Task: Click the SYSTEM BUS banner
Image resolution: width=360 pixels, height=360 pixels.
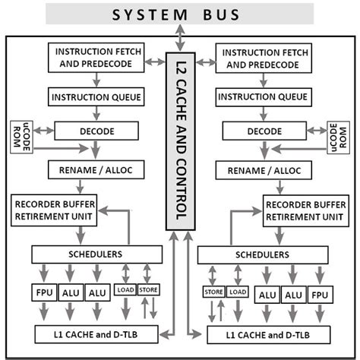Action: [x=180, y=14]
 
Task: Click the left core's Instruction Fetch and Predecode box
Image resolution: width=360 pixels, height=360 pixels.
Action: [x=93, y=57]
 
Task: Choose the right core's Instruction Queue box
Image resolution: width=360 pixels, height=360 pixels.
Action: [x=263, y=97]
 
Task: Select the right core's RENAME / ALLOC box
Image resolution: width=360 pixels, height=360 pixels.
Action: [x=263, y=169]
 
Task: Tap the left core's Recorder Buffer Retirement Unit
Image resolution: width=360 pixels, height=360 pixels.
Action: [x=54, y=207]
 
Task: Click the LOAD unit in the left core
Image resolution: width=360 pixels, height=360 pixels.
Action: [x=125, y=289]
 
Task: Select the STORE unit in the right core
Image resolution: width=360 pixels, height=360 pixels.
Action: [x=212, y=292]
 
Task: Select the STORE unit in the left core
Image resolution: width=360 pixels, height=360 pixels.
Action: [x=149, y=289]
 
